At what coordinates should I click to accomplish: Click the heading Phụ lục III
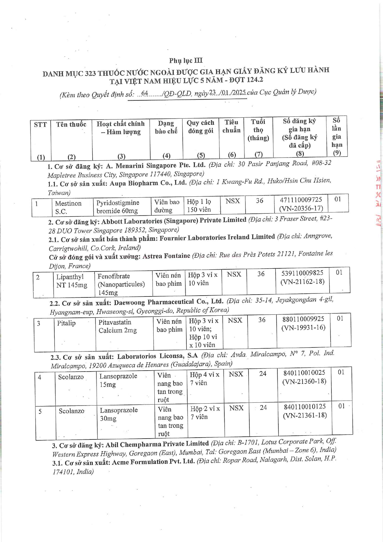(x=185, y=60)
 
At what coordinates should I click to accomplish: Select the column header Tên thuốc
(x=71, y=124)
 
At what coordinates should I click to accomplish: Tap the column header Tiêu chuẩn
(x=231, y=126)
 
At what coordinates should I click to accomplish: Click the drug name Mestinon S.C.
(x=68, y=207)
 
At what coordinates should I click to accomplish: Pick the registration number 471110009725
(x=301, y=200)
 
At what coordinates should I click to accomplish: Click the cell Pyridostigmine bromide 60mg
(x=118, y=207)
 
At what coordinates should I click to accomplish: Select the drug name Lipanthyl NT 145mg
(x=72, y=281)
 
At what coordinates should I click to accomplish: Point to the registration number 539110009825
(x=302, y=273)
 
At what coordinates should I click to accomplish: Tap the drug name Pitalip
(x=66, y=323)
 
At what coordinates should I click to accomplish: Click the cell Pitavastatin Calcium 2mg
(x=118, y=326)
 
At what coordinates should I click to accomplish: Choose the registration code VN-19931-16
(x=303, y=327)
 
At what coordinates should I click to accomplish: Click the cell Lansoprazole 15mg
(x=118, y=380)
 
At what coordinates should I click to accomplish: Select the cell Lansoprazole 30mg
(x=119, y=414)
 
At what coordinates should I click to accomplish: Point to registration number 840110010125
(x=305, y=407)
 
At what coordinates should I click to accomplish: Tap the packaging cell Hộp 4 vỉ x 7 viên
(x=204, y=379)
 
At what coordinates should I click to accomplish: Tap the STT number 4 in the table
(x=40, y=377)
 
